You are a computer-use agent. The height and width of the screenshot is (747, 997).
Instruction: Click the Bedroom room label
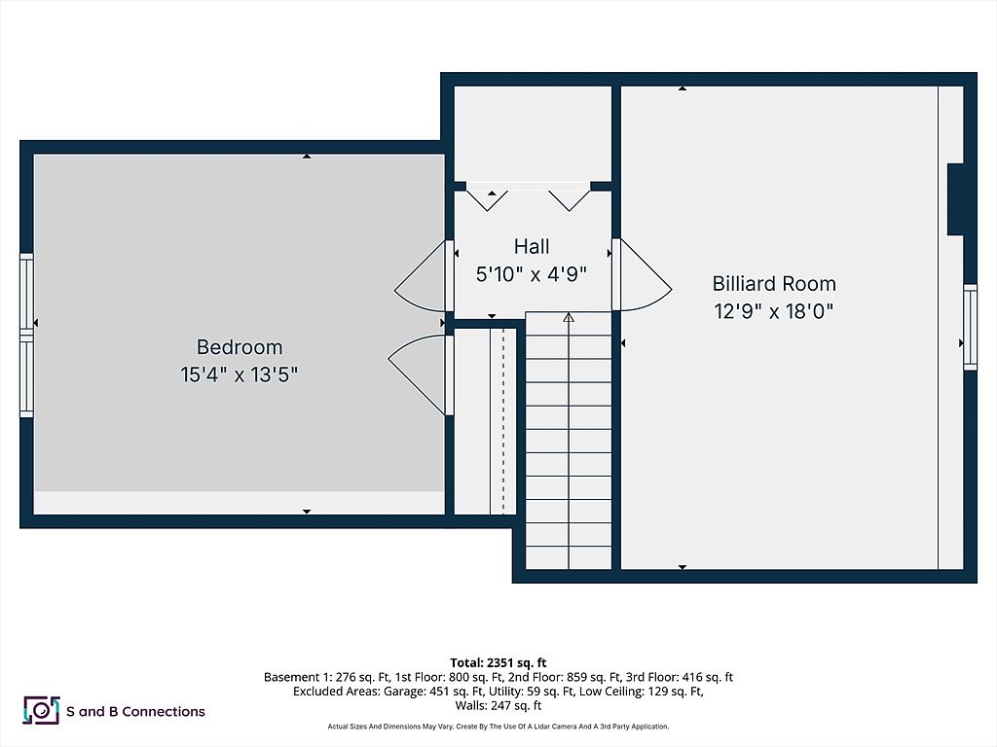pyautogui.click(x=240, y=347)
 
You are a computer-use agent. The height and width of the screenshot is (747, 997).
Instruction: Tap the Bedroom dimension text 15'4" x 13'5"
pyautogui.click(x=240, y=374)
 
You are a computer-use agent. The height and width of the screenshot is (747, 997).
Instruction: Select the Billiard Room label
pyautogui.click(x=774, y=284)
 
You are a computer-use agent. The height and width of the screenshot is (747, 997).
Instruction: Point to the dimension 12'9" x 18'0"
pyautogui.click(x=774, y=311)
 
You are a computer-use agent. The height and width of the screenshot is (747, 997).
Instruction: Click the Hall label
pyautogui.click(x=532, y=247)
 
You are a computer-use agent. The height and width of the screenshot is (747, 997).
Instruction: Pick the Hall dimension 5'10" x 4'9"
pyautogui.click(x=532, y=274)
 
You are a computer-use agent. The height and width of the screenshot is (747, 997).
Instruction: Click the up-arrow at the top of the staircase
pyautogui.click(x=569, y=317)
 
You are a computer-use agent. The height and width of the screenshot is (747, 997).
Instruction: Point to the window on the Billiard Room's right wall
pyautogui.click(x=970, y=327)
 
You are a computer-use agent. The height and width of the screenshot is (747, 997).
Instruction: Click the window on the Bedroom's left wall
pyautogui.click(x=26, y=336)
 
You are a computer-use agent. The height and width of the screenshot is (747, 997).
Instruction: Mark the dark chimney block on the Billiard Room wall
pyautogui.click(x=955, y=199)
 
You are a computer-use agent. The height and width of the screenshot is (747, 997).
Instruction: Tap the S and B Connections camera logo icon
pyautogui.click(x=41, y=711)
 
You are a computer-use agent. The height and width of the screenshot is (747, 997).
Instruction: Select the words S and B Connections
pyautogui.click(x=135, y=712)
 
